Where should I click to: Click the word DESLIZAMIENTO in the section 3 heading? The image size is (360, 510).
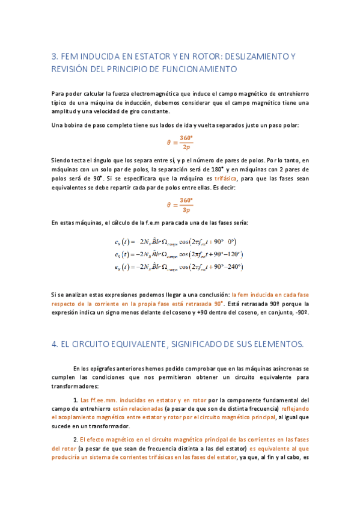point(252,57)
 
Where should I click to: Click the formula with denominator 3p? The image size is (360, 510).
point(178,205)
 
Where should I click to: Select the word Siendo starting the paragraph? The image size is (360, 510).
point(62,161)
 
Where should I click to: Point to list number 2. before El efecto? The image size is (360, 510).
point(75,440)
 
